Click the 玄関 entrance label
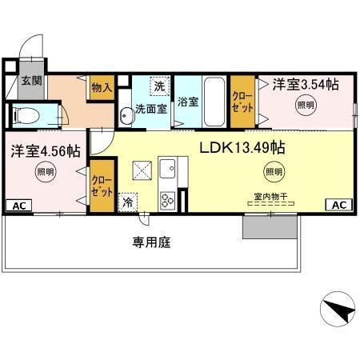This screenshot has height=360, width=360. [x=31, y=81]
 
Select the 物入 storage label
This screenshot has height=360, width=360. [x=102, y=86]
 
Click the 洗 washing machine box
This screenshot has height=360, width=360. [x=160, y=86]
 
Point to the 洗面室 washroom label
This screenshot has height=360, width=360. [x=150, y=110]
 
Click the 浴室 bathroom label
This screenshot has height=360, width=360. [x=188, y=102]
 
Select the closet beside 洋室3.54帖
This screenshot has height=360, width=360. [x=241, y=102]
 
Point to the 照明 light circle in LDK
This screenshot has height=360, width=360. [x=274, y=170]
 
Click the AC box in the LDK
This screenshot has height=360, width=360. [x=338, y=206]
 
